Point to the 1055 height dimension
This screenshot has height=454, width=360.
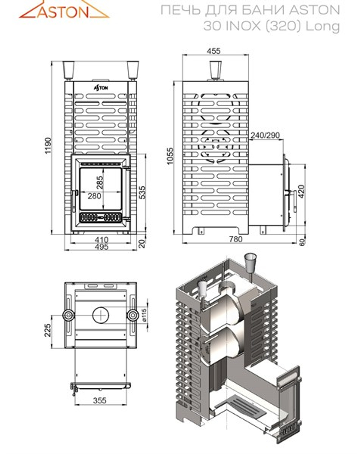pos(170,156)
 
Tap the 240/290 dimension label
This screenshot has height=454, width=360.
pos(265,135)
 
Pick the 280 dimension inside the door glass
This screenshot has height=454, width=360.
pos(95,196)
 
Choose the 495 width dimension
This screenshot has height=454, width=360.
pos(102,247)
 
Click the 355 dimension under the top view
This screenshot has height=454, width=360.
pos(99,400)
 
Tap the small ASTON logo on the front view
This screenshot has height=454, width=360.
pos(101,87)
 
